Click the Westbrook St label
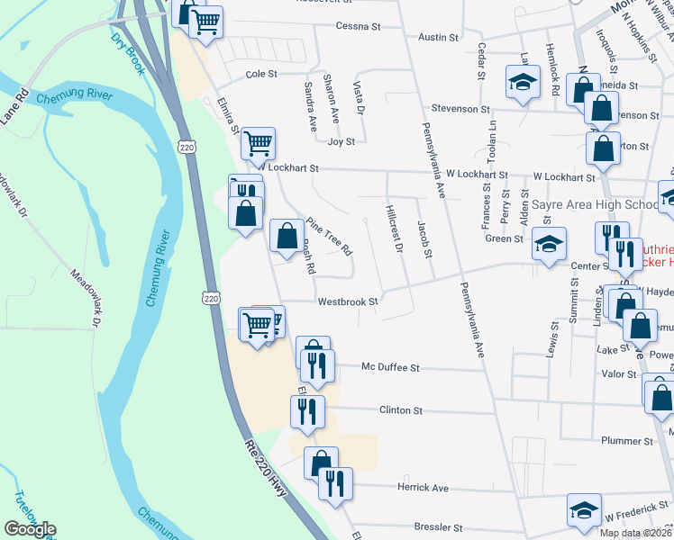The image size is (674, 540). tap(346, 302)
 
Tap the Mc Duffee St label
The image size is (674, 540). tap(391, 368)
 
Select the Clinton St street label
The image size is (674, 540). tap(401, 410)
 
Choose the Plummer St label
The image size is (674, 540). tap(629, 441)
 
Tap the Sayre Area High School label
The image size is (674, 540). tap(595, 205)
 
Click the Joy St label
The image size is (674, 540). tap(342, 141)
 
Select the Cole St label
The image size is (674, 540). tap(261, 74)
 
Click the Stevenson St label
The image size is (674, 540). tap(460, 109)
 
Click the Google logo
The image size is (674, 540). tap(30, 529)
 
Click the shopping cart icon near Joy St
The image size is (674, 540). tap(259, 142)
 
